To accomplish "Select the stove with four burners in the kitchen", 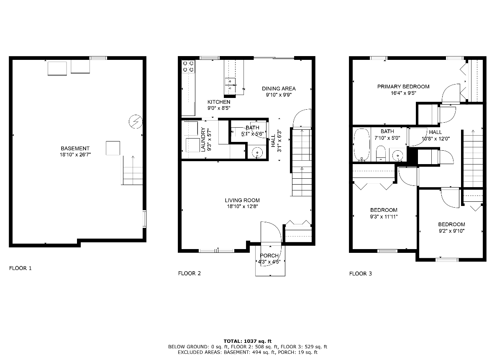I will [188, 67].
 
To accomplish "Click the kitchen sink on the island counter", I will [230, 81].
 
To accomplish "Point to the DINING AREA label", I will [279, 88].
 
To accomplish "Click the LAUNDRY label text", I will [203, 139].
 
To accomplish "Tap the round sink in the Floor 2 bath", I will [256, 153].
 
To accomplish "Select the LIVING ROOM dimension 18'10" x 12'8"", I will [242, 206].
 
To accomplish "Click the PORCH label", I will [269, 255].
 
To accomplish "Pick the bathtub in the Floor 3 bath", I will [361, 144].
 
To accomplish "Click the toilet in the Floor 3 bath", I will [381, 153].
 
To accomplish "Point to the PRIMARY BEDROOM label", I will [403, 87].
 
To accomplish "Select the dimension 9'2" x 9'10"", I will [451, 231].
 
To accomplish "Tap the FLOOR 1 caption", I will [20, 268].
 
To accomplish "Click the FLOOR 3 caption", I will [361, 273].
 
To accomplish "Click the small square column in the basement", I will [113, 148].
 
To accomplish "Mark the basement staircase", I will [132, 170].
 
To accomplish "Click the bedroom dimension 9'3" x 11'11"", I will [384, 216].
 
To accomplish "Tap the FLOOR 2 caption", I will [190, 273].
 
